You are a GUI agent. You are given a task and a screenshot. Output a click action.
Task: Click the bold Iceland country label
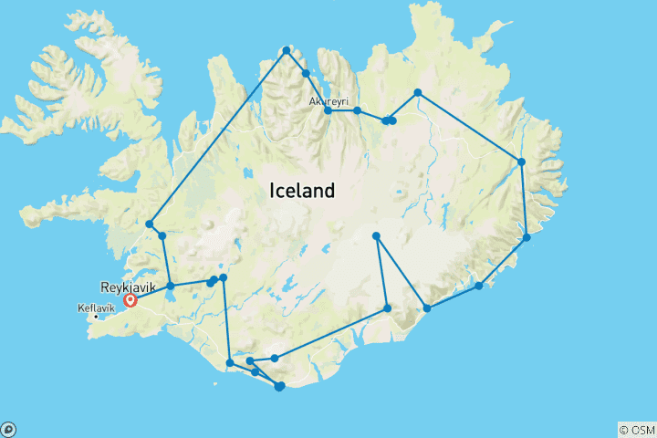(302, 192)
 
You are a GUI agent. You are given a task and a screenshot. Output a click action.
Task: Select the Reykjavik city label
(128, 287)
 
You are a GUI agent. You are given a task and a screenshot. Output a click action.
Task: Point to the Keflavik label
(97, 308)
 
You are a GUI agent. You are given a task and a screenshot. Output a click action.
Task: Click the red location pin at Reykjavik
(130, 298)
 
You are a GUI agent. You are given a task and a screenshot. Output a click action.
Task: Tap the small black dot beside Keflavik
(97, 317)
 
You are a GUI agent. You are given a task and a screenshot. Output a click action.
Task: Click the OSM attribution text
(642, 429)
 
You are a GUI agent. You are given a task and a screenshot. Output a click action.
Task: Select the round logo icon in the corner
(7, 429)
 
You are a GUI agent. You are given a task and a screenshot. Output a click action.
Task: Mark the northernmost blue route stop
(287, 50)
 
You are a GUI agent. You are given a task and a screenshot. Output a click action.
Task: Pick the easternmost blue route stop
(527, 237)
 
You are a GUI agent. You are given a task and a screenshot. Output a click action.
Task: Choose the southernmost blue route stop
(279, 387)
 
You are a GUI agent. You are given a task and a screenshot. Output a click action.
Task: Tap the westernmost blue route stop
(150, 224)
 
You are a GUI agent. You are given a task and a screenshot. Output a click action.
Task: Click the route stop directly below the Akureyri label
(328, 110)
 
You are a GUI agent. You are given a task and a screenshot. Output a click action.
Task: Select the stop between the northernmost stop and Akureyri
(306, 73)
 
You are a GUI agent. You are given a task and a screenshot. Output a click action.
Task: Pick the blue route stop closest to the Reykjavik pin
(171, 286)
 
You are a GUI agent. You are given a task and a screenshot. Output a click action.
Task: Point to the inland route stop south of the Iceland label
(376, 236)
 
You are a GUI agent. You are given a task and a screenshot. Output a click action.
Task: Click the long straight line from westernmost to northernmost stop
(218, 137)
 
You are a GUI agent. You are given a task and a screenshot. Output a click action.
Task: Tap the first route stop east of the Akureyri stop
(358, 110)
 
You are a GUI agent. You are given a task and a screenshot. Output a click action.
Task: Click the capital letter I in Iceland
(272, 192)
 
